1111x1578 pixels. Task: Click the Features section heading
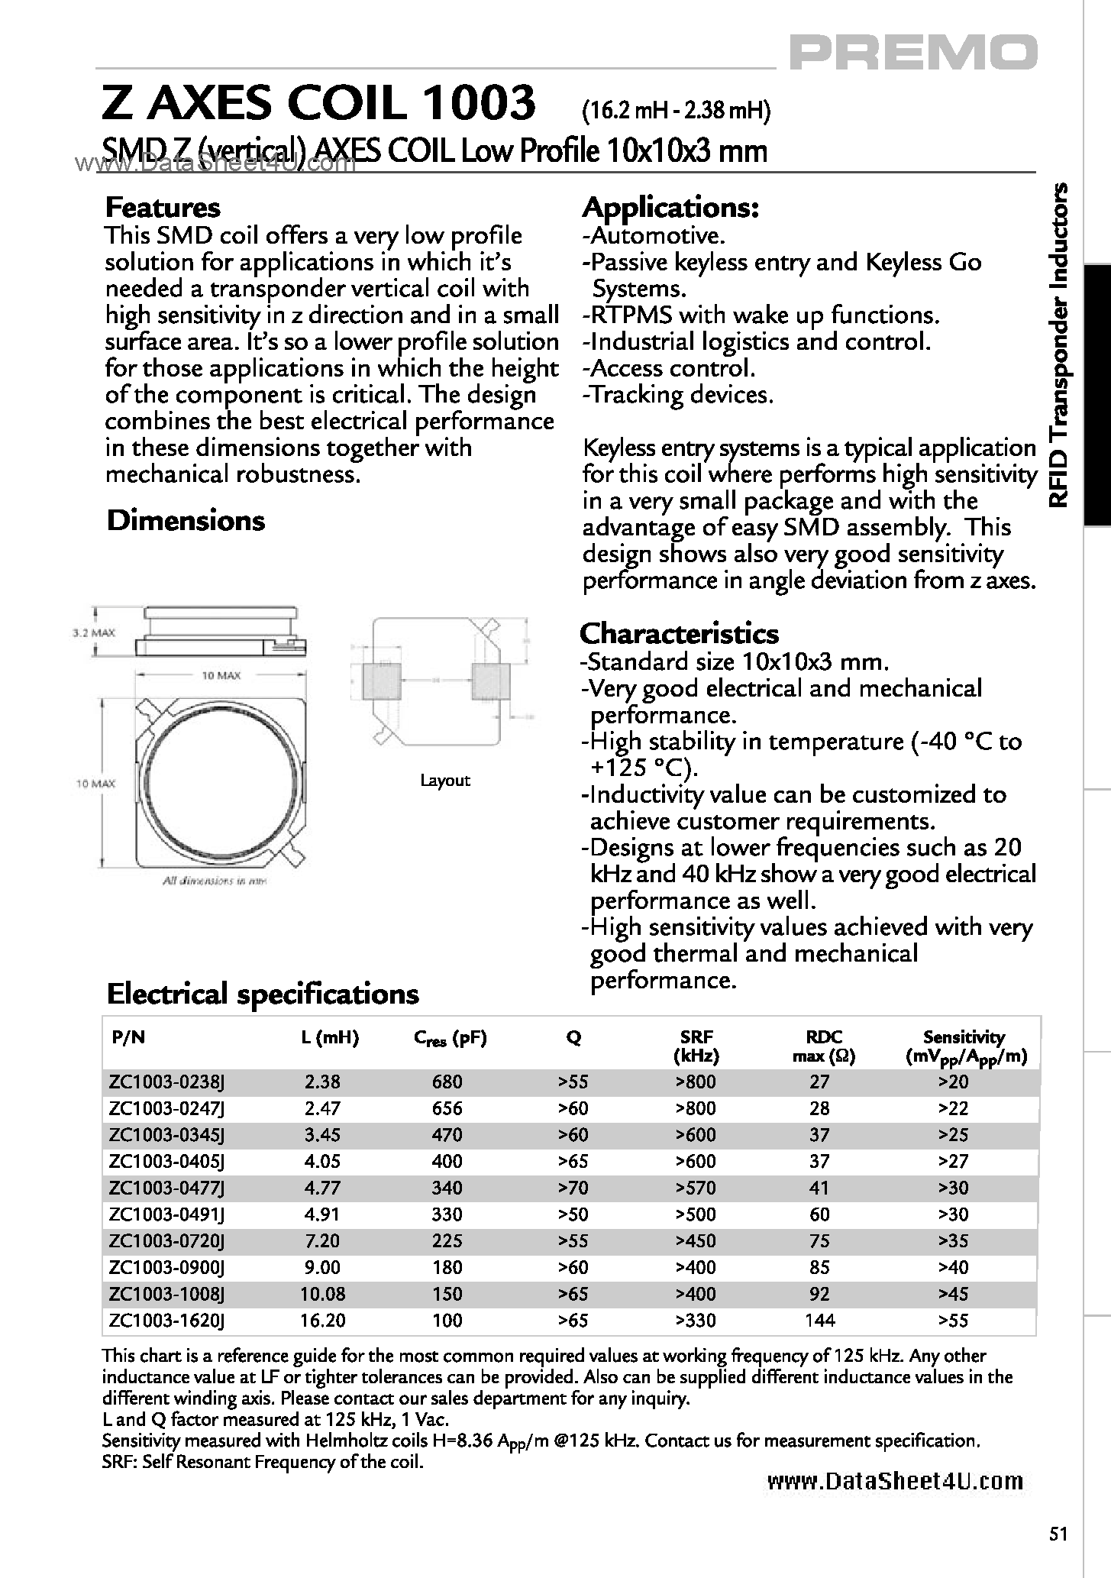pyautogui.click(x=163, y=208)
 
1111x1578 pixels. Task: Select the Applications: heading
pyautogui.click(x=670, y=208)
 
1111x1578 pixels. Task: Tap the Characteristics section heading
pyautogui.click(x=679, y=633)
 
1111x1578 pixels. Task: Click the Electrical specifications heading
pyautogui.click(x=263, y=994)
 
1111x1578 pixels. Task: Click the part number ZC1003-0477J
pyautogui.click(x=167, y=1188)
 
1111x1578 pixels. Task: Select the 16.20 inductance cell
pyautogui.click(x=324, y=1321)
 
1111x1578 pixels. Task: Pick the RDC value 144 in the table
pyautogui.click(x=819, y=1321)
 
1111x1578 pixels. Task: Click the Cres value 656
pyautogui.click(x=447, y=1108)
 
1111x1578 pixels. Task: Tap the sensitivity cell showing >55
pyautogui.click(x=953, y=1321)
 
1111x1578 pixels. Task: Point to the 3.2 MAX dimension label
pyautogui.click(x=93, y=632)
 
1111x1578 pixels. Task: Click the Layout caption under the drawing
pyautogui.click(x=445, y=781)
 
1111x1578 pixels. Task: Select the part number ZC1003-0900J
pyautogui.click(x=167, y=1267)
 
